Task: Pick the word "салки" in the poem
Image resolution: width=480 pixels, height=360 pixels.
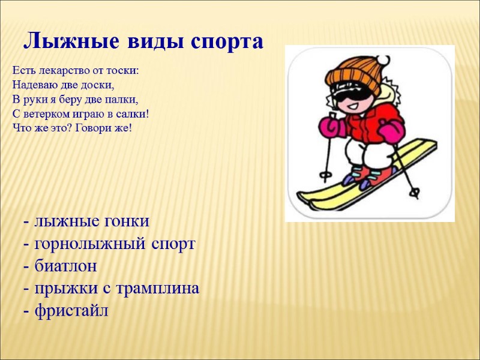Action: [132, 114]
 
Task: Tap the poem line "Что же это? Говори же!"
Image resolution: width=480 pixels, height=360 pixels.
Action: [71, 128]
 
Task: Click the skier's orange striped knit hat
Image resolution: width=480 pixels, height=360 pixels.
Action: [354, 74]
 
